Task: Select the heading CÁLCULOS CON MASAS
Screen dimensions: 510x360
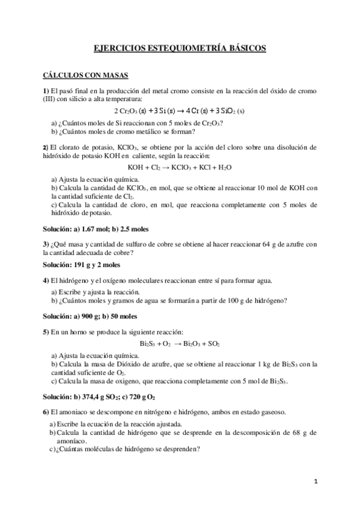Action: pos(78,76)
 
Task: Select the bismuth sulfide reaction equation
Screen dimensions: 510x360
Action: pos(180,344)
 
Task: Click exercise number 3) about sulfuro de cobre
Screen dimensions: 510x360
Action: pos(46,244)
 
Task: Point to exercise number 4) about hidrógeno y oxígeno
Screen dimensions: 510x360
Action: pos(46,280)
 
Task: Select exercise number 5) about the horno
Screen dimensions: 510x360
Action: pos(46,331)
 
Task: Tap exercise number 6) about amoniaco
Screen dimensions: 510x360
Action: pos(46,412)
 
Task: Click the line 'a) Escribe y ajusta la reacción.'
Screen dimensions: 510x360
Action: pos(96,292)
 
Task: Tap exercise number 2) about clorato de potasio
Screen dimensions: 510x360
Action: pos(46,147)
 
